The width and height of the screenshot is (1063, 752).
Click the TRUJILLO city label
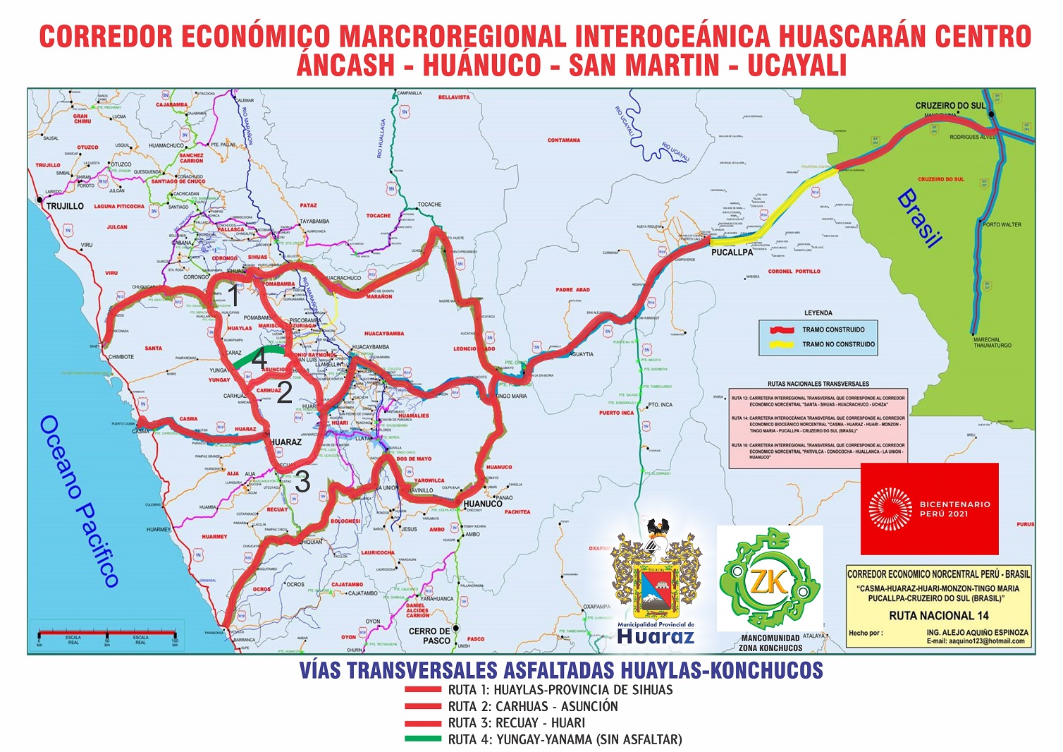click(x=65, y=206)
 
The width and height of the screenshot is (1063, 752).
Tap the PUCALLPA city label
click(x=732, y=252)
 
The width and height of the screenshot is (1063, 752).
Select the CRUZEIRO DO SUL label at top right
click(x=950, y=106)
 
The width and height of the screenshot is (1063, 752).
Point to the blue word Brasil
click(x=919, y=218)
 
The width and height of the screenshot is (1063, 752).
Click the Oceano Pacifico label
click(x=78, y=500)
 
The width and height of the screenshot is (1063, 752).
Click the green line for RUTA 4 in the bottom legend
click(x=423, y=739)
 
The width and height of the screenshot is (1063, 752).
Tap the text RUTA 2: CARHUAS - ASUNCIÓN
click(x=532, y=706)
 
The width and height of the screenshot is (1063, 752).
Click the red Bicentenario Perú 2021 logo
click(x=929, y=509)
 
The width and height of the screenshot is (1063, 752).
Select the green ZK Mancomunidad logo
click(x=770, y=578)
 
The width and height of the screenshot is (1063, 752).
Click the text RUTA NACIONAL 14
click(x=938, y=615)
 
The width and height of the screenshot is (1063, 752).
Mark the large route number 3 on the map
click(x=302, y=482)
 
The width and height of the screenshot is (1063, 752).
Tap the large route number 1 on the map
click(x=234, y=296)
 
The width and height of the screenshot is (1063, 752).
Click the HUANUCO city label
click(x=483, y=504)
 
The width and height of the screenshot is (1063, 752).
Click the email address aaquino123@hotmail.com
click(x=976, y=641)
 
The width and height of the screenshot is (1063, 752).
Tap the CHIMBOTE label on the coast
click(x=121, y=357)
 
